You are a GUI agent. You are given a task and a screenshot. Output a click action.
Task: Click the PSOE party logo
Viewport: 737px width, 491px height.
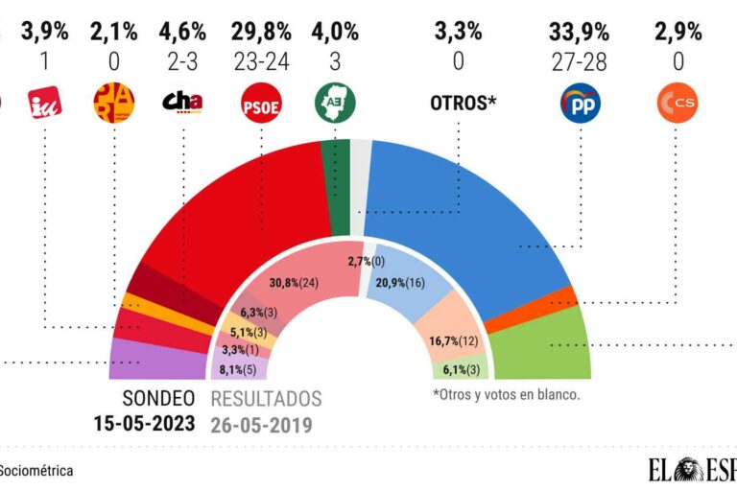pyautogui.click(x=260, y=104)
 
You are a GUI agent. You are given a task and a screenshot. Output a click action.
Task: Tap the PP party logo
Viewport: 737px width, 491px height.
pyautogui.click(x=580, y=104)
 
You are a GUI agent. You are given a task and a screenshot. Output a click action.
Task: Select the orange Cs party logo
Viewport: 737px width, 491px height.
pyautogui.click(x=677, y=104)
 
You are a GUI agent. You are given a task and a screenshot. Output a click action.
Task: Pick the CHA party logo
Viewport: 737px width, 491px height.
pyautogui.click(x=182, y=102)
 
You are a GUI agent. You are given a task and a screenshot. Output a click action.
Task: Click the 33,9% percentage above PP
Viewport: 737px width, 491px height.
pyautogui.click(x=580, y=32)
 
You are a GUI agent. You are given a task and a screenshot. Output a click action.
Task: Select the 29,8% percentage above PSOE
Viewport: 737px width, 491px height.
pyautogui.click(x=260, y=32)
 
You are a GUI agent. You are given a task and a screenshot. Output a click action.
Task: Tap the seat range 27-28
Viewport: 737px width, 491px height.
pyautogui.click(x=580, y=60)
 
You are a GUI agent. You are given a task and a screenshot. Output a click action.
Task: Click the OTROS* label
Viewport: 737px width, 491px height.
pyautogui.click(x=456, y=103)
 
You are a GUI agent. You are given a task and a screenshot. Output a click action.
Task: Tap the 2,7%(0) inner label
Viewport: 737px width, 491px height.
pyautogui.click(x=367, y=261)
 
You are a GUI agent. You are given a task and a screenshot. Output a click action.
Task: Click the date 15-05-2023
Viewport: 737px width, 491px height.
pyautogui.click(x=144, y=423)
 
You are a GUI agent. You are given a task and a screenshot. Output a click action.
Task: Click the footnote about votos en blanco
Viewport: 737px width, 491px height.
pyautogui.click(x=507, y=394)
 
